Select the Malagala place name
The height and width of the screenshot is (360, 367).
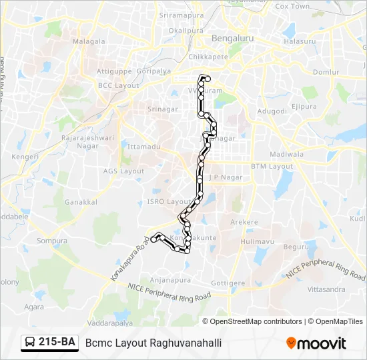89,41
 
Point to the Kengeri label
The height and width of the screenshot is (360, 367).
25,157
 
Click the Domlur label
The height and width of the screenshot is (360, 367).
326,72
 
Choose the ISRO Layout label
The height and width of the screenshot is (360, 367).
170,201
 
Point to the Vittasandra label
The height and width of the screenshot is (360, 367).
326,290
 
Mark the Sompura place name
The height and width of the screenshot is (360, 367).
52,241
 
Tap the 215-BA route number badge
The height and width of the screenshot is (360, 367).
50,343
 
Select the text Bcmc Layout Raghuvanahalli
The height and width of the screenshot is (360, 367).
153,343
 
